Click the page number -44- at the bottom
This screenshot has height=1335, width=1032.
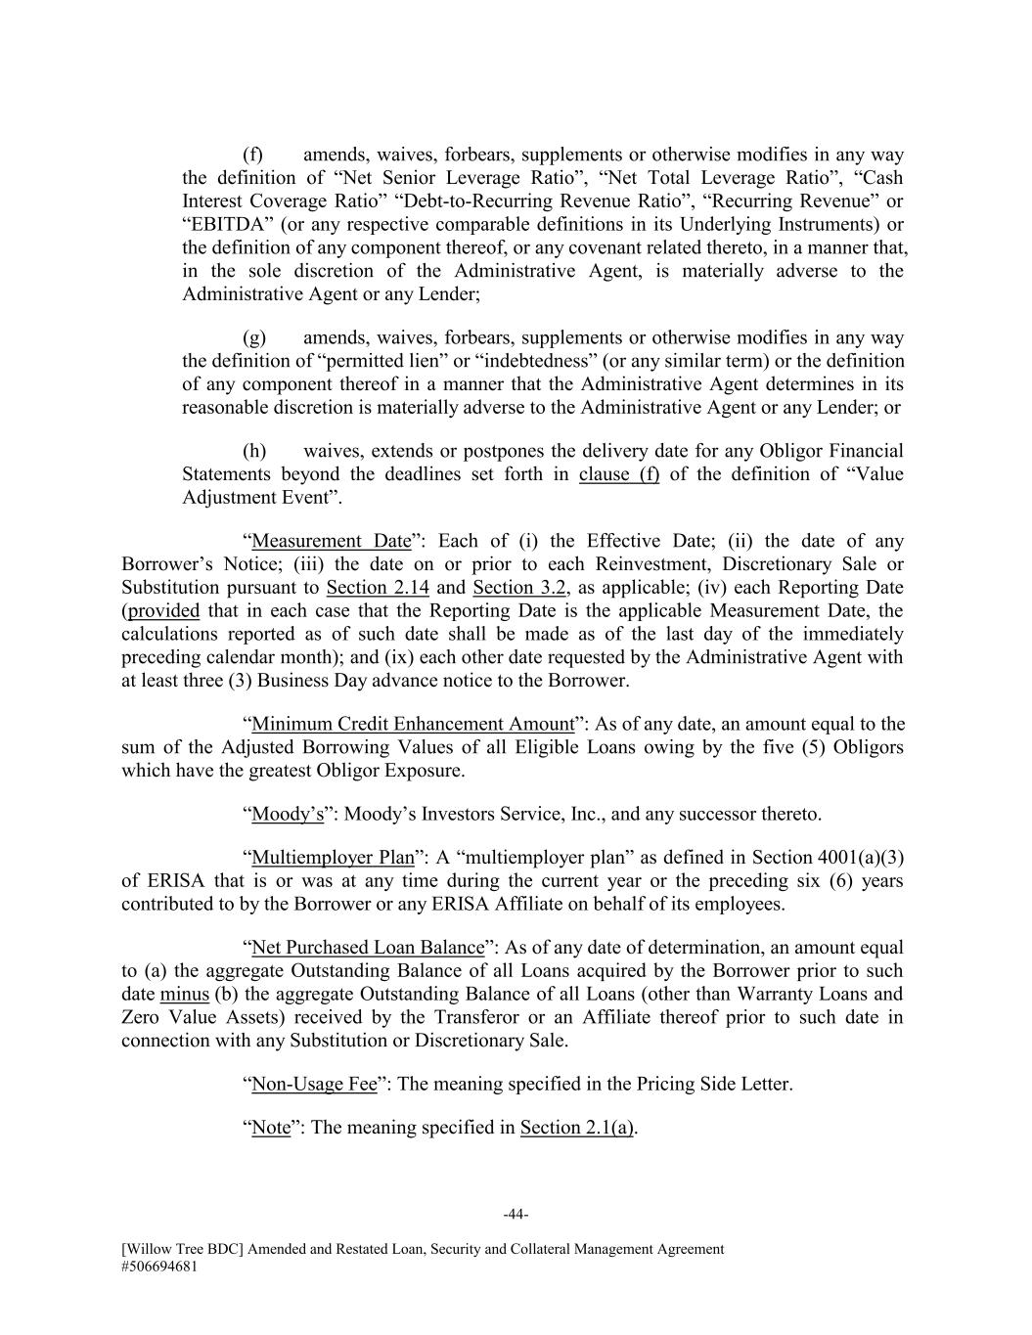tap(516, 1215)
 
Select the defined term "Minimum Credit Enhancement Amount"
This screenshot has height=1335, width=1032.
tap(412, 724)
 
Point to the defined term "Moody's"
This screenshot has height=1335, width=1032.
tap(288, 814)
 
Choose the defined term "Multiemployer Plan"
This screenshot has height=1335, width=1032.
tap(333, 858)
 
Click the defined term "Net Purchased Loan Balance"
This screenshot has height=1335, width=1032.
tap(368, 948)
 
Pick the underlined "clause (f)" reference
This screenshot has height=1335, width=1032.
tap(619, 474)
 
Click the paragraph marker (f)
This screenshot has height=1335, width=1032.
tap(253, 155)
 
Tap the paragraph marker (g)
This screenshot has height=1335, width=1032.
tap(253, 337)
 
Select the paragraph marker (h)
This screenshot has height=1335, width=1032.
tap(253, 451)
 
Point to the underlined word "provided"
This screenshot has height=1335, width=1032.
tap(163, 611)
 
